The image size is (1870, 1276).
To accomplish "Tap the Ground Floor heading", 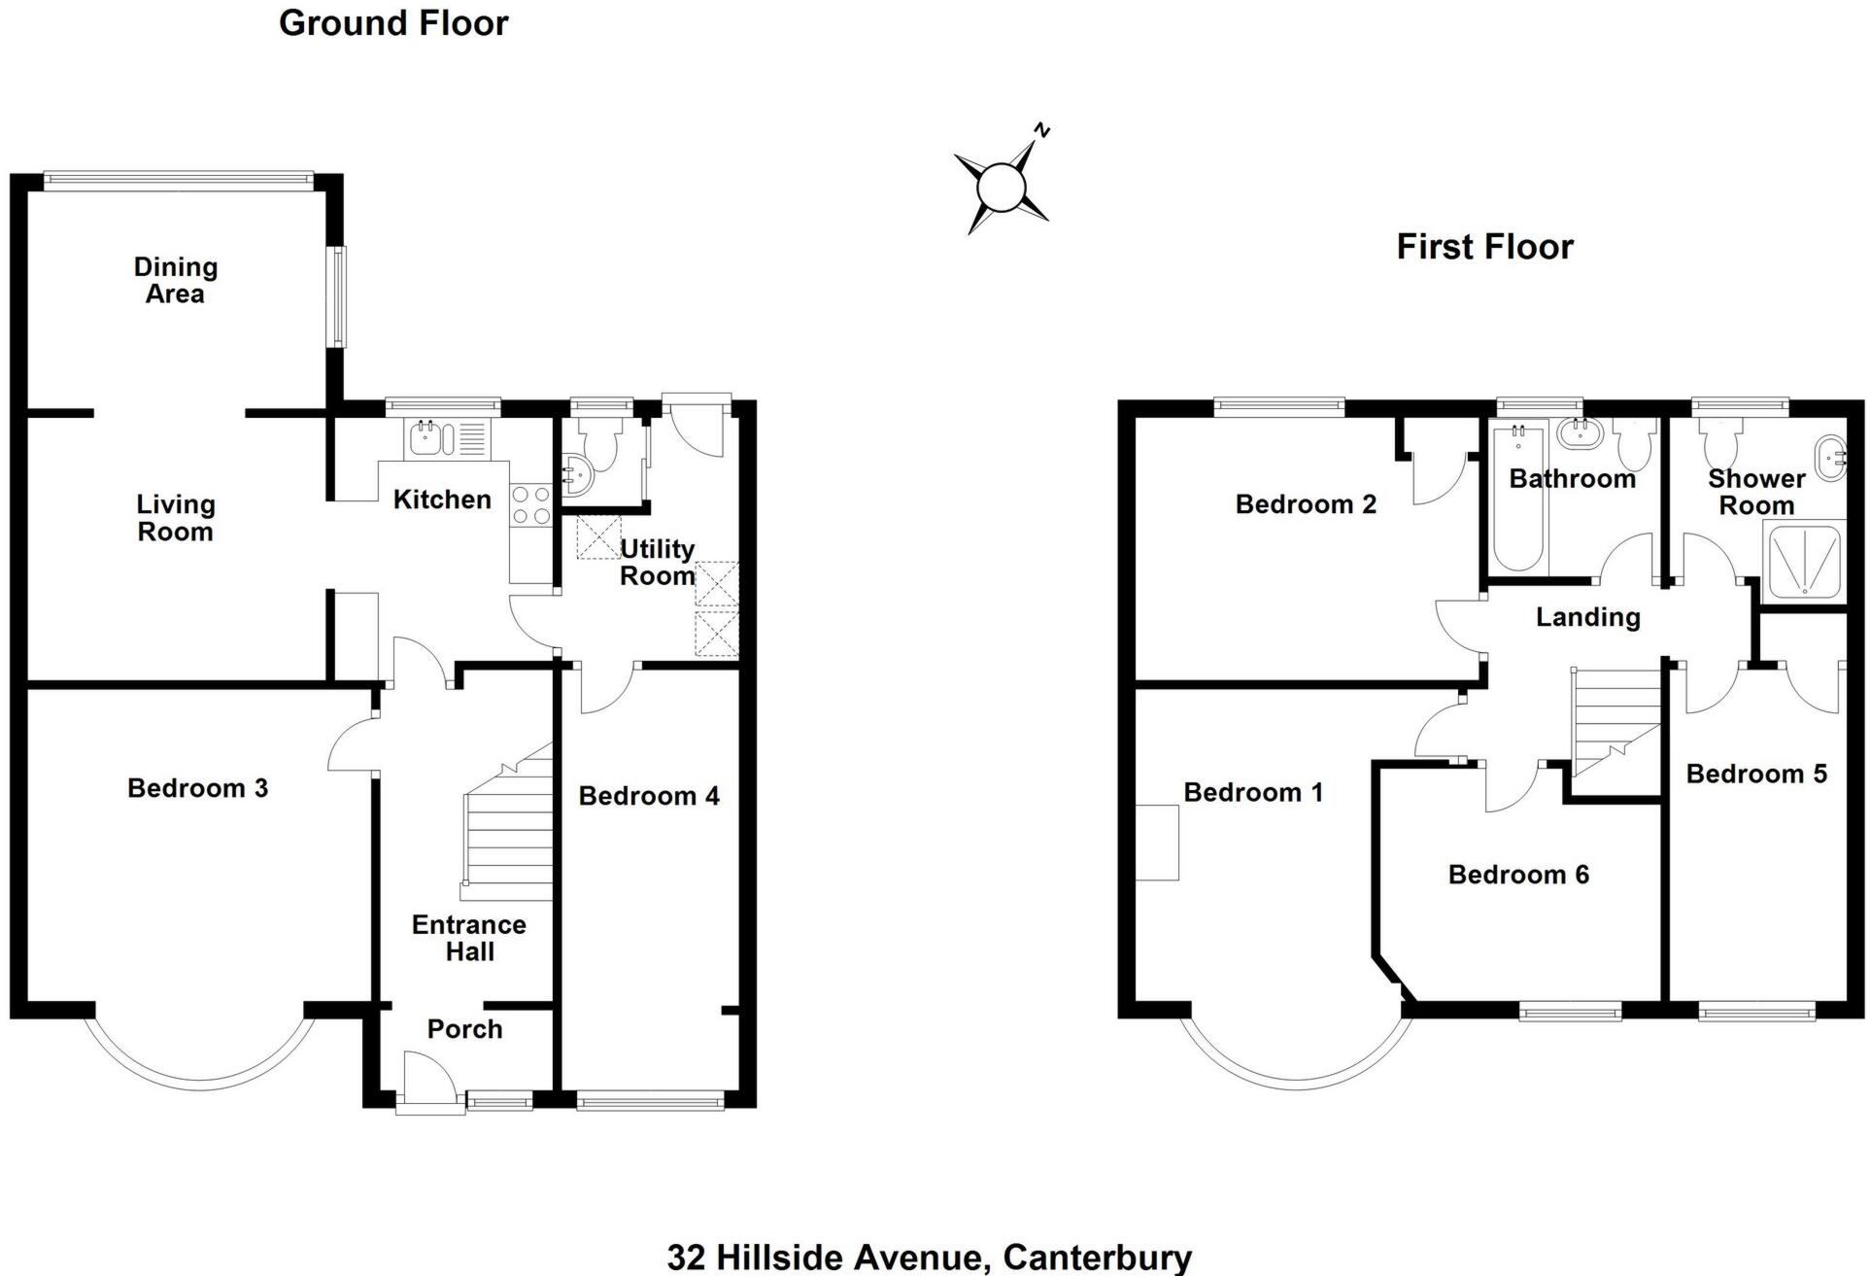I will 393,23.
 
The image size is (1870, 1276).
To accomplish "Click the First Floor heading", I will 1483,247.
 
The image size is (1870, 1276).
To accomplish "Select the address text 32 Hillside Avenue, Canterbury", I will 929,1256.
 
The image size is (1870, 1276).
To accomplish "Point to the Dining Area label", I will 175,280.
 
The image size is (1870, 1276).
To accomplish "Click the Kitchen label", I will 441,500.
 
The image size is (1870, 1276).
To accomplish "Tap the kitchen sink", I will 427,438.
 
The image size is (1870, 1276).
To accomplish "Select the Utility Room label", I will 657,562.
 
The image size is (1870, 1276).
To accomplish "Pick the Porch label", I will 464,1028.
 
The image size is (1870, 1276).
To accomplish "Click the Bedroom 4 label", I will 649,796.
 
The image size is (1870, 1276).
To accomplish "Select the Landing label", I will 1587,617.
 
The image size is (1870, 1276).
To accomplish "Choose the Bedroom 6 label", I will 1517,875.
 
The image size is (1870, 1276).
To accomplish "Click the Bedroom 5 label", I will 1755,774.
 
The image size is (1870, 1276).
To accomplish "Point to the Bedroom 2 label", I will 1305,504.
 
